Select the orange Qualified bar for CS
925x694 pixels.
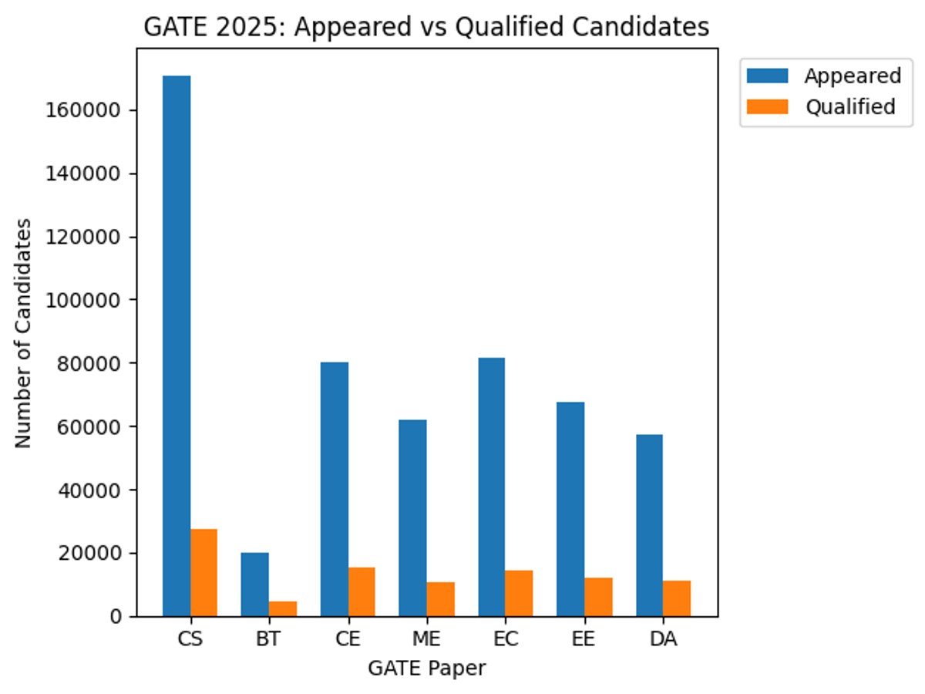coord(204,572)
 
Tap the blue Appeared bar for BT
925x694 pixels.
coord(255,584)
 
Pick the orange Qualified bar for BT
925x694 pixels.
coord(283,608)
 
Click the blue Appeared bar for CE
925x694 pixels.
coord(335,489)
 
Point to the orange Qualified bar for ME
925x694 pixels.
coord(441,599)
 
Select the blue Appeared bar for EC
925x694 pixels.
coord(492,487)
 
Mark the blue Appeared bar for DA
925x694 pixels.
coord(649,525)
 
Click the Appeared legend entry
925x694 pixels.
coord(852,76)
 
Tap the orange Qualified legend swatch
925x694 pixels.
coord(767,106)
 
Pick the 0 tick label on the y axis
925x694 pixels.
coord(116,616)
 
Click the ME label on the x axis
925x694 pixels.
coord(426,640)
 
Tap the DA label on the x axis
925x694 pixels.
coord(663,640)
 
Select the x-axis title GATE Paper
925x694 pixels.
coord(426,668)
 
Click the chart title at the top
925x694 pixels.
coord(426,28)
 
